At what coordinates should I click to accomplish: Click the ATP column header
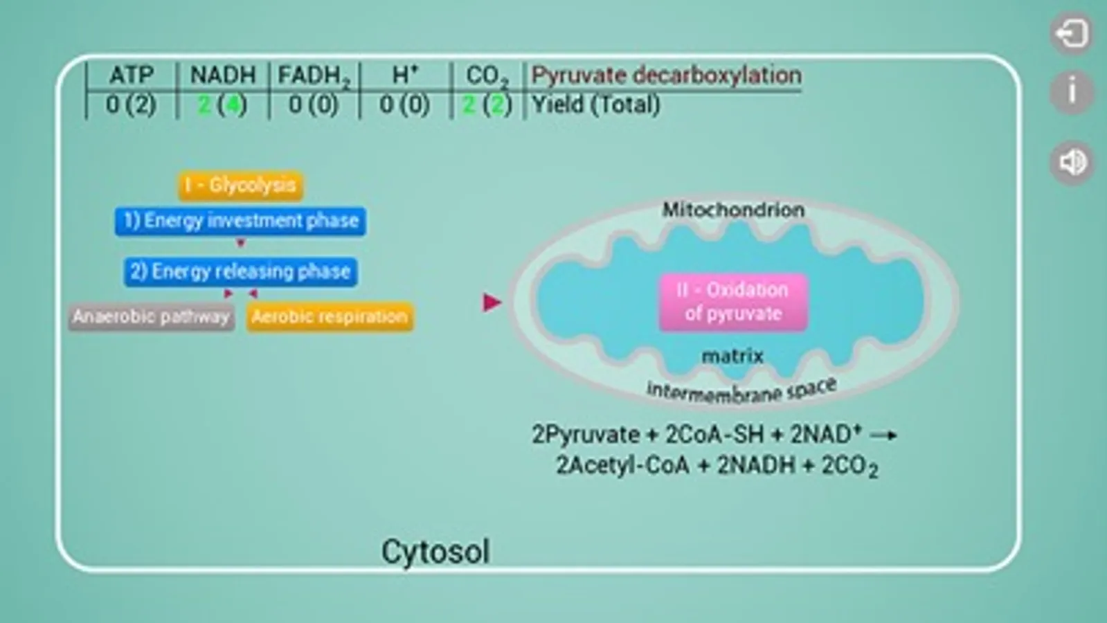click(132, 75)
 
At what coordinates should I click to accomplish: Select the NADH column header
click(223, 75)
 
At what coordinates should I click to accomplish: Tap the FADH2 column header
click(314, 77)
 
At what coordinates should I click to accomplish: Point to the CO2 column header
click(487, 77)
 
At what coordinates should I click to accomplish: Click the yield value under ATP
click(131, 105)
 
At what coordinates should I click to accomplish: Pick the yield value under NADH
click(222, 105)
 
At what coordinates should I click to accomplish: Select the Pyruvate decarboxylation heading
click(666, 75)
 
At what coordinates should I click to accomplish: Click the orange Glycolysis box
click(241, 186)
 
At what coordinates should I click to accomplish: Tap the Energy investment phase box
click(241, 221)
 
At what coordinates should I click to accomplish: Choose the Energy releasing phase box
click(241, 272)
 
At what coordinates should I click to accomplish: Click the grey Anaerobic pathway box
click(151, 316)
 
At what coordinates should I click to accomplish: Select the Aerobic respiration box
click(330, 316)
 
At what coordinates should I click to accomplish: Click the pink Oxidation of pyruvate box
click(733, 302)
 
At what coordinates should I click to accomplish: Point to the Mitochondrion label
click(733, 210)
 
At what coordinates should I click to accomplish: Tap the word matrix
click(732, 356)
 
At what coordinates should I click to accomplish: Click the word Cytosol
click(435, 552)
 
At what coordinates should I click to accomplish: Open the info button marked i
click(1072, 92)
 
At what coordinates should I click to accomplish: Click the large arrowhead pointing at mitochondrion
click(492, 303)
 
